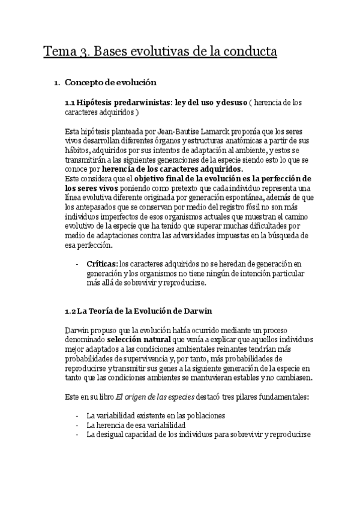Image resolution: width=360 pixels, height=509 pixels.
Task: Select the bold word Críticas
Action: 101,264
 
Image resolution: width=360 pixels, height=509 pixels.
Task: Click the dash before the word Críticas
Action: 77,264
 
